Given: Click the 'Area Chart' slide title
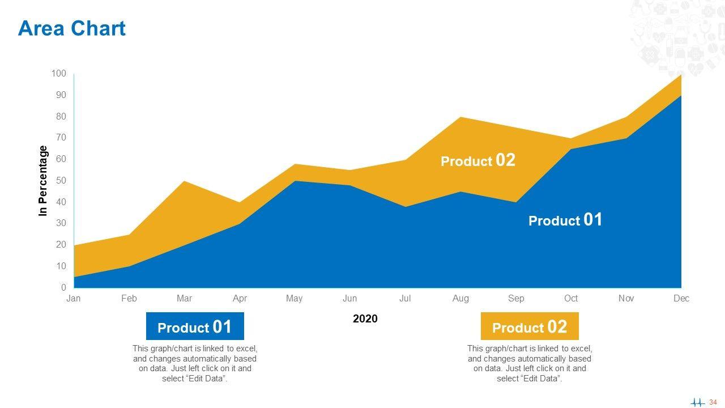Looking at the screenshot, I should click(x=72, y=28).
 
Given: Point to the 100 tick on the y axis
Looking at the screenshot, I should click(x=59, y=74).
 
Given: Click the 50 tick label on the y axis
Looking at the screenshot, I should click(x=61, y=181).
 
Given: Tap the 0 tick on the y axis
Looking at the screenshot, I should click(x=63, y=288).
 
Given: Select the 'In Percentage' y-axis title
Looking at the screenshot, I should click(x=43, y=181).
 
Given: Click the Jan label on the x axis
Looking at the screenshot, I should click(x=74, y=299).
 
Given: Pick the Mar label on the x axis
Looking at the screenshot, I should click(x=184, y=299).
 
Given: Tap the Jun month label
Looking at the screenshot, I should click(x=349, y=299).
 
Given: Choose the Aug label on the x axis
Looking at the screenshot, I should click(x=460, y=299).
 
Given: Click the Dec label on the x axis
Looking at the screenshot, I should click(x=681, y=299).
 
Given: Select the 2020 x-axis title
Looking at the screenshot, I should click(x=365, y=319).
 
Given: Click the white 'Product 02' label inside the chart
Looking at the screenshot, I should click(x=478, y=160).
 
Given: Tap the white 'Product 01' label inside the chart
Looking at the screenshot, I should click(x=565, y=220).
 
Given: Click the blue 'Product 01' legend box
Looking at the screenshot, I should click(x=195, y=327).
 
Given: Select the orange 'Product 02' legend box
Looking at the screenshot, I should click(x=530, y=327).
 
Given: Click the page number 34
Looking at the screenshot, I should click(x=713, y=402).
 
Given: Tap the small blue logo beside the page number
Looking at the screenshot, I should click(x=698, y=402).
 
